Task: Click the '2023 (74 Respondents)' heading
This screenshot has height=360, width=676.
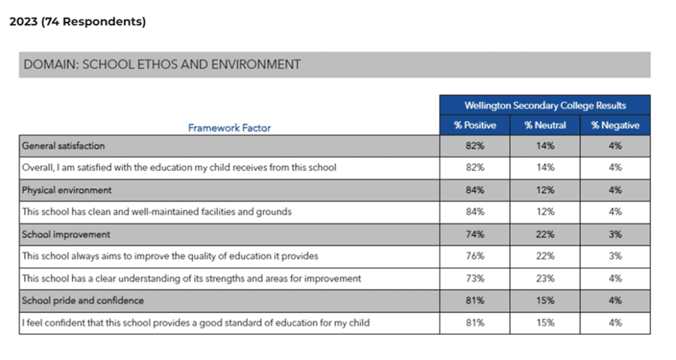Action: (x=78, y=22)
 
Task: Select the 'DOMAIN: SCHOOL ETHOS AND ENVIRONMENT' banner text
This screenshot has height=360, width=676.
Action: (x=162, y=65)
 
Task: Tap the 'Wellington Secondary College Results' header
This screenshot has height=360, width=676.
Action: (x=545, y=106)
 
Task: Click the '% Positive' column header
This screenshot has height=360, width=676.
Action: (x=475, y=126)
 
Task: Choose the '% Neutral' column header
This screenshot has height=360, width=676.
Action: (x=545, y=126)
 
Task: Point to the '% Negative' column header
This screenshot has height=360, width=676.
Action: (x=615, y=126)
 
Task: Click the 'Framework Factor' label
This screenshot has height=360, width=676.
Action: (x=229, y=128)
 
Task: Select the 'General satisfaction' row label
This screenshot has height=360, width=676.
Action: (x=63, y=146)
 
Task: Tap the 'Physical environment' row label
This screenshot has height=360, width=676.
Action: (x=67, y=190)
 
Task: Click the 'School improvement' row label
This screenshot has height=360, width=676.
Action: (x=66, y=234)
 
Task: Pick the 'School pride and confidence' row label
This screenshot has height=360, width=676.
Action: (x=83, y=301)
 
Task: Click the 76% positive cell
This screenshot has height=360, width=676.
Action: (x=475, y=256)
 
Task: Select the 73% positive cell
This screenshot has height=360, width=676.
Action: (x=475, y=279)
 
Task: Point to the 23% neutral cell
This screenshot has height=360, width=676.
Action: (x=545, y=279)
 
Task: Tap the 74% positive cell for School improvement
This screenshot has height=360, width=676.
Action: (x=475, y=234)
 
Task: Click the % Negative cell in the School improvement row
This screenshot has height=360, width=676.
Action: (x=615, y=234)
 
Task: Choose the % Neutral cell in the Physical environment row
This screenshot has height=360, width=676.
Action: (x=545, y=190)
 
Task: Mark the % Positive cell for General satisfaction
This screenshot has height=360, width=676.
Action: (x=475, y=146)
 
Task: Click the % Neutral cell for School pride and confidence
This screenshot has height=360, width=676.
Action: (x=545, y=301)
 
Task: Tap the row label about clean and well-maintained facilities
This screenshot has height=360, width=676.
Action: (x=157, y=212)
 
